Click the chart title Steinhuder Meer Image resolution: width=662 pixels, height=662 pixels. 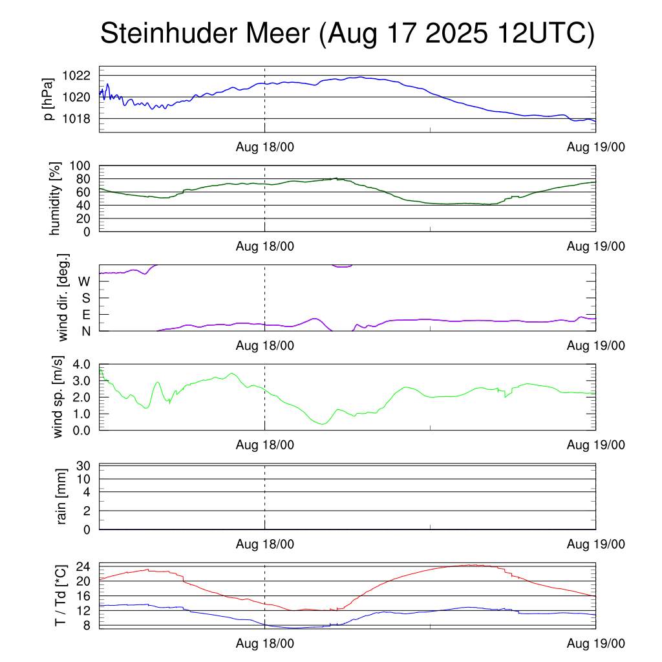(347, 34)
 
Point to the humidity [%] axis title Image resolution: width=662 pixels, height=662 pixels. (56, 199)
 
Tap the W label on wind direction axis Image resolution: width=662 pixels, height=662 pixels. (84, 282)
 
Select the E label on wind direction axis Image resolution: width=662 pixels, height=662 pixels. (85, 315)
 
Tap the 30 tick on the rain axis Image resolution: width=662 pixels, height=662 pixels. (82, 465)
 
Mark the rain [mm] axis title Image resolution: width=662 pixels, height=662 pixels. (63, 496)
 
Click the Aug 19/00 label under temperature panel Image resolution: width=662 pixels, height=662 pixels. (595, 644)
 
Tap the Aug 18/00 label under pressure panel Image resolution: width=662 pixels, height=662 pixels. (264, 147)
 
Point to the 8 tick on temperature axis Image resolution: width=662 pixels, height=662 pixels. (85, 625)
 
